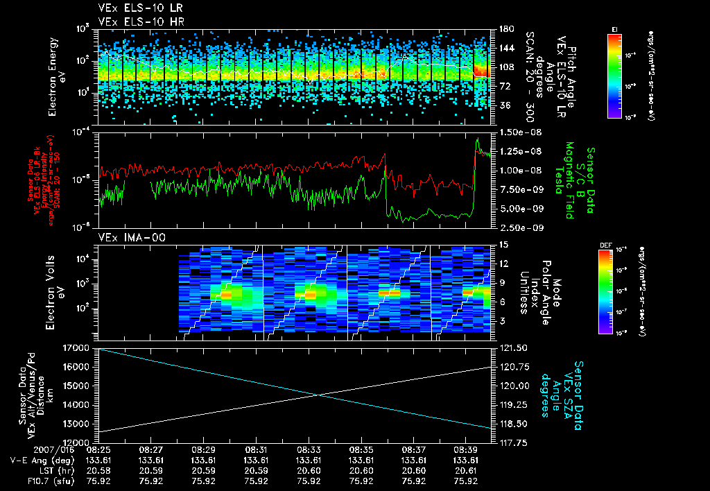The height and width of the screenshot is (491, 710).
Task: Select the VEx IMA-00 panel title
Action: [x=125, y=237]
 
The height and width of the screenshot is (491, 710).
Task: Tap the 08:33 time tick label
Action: [x=309, y=449]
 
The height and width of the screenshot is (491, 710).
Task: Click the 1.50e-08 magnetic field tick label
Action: [x=514, y=132]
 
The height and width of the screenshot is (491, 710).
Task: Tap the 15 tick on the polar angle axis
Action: [x=503, y=245]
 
